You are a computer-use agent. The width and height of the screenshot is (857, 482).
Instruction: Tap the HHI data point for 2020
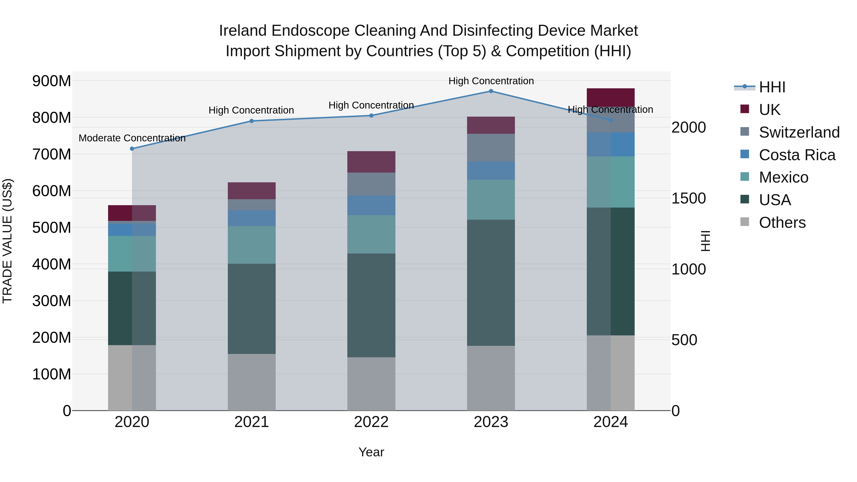click(132, 149)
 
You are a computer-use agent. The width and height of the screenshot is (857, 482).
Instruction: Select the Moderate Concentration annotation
click(132, 138)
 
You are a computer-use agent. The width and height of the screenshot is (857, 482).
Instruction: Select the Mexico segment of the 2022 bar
click(371, 234)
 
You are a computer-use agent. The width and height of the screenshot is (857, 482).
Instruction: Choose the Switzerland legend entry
click(799, 132)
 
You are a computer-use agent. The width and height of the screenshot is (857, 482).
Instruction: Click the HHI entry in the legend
click(772, 87)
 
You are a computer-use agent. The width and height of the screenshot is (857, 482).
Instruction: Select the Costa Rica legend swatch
click(745, 154)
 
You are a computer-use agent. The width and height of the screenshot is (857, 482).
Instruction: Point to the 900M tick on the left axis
click(52, 81)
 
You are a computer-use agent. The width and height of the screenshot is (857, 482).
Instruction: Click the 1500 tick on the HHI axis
click(688, 198)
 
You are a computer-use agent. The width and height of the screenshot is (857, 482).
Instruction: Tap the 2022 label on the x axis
click(371, 422)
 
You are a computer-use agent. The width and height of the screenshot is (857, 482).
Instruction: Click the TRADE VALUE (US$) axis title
click(8, 241)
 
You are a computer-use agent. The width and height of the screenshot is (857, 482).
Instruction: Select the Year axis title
click(371, 452)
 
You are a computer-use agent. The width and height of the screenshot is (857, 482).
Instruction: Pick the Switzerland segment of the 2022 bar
click(371, 184)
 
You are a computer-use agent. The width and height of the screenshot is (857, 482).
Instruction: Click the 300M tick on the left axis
click(52, 301)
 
